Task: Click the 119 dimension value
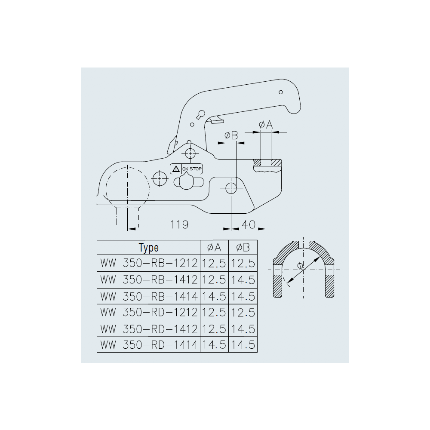180,224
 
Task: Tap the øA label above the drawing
266,125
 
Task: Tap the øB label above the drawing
231,136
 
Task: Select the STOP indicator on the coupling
196,169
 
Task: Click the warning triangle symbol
175,169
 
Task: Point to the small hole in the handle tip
281,92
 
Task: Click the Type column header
148,248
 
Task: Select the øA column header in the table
214,248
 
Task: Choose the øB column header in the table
243,248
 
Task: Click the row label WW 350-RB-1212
148,263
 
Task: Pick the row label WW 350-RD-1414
148,344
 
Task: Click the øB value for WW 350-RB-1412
243,279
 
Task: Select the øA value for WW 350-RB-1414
214,296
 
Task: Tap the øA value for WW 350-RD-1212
214,312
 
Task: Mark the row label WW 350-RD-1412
148,329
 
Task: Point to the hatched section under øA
267,163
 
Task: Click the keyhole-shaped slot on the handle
201,114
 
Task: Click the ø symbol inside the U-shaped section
301,265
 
